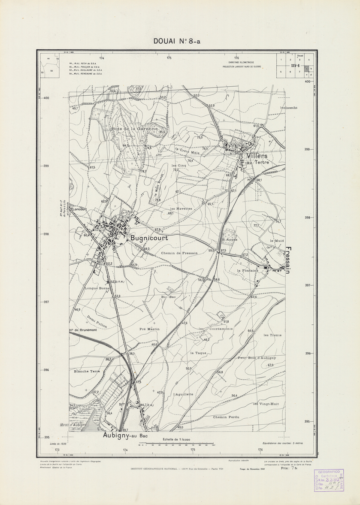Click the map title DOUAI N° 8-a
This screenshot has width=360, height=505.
point(176,42)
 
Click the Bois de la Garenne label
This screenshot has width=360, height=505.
point(135,129)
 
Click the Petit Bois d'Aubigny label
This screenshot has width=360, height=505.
point(257,357)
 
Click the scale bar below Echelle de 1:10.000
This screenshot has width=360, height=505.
point(176,445)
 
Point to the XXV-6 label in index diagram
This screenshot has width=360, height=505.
point(295,66)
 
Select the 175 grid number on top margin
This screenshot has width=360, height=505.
point(169,57)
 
